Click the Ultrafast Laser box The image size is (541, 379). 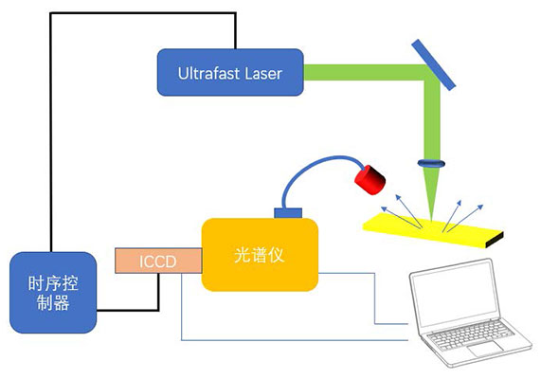click(230, 72)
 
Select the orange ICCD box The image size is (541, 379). click(158, 261)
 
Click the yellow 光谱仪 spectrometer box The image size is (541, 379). click(260, 255)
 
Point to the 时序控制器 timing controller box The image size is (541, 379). click(53, 293)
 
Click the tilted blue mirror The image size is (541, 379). click(434, 64)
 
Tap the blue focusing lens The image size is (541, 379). click(431, 163)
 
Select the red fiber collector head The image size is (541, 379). click(370, 179)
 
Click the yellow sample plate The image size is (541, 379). click(433, 230)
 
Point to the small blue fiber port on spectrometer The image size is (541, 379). click(288, 213)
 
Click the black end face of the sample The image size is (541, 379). click(495, 241)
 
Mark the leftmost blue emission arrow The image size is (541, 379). click(402, 218)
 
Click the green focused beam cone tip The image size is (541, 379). click(431, 220)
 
